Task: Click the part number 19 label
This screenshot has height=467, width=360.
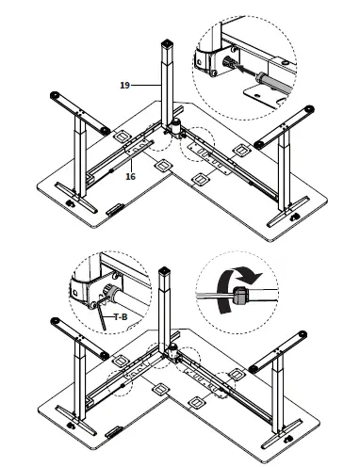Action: (125, 85)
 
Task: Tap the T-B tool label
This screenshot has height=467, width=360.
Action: (121, 317)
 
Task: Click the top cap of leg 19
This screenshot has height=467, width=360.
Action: (168, 44)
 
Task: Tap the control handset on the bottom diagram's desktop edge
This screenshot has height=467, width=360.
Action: (112, 434)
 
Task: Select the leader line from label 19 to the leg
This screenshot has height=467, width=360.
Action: (146, 85)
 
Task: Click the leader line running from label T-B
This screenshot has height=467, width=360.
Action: (108, 313)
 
